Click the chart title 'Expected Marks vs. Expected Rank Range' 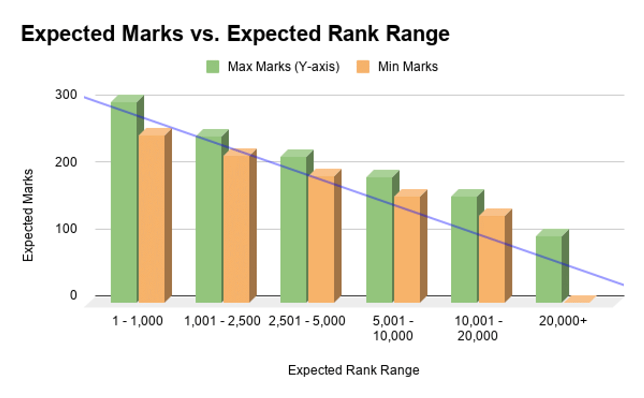(235, 34)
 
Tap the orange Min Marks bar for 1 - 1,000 (151, 217)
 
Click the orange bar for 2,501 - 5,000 (321, 239)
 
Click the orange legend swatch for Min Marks (363, 67)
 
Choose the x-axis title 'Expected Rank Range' (353, 370)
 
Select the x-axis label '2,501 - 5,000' (307, 321)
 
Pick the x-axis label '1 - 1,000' (137, 321)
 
